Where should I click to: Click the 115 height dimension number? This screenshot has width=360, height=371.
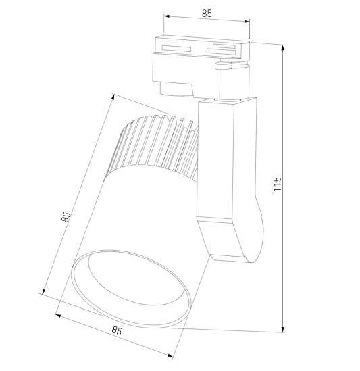pyautogui.click(x=277, y=184)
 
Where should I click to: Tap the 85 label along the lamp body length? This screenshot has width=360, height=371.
pyautogui.click(x=66, y=217)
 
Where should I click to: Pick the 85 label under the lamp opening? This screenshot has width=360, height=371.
pyautogui.click(x=116, y=331)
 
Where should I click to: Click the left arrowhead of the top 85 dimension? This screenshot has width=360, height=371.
pyautogui.click(x=165, y=19)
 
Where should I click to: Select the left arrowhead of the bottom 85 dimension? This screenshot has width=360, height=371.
pyautogui.click(x=58, y=316)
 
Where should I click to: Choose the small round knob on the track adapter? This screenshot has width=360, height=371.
pyautogui.click(x=221, y=66)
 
